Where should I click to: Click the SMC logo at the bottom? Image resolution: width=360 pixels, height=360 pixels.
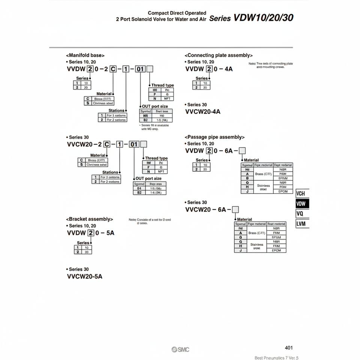pos(180,349)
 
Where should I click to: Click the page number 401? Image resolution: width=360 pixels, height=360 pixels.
pos(289,348)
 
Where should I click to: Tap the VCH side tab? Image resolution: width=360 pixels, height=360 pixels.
pos(301,194)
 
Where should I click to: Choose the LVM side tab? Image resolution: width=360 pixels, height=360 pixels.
pos(301,224)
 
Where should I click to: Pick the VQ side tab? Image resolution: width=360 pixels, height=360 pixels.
pos(300,214)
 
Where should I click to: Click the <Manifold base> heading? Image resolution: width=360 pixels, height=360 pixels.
pos(85,55)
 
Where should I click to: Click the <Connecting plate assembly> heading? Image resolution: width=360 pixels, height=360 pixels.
pos(219,55)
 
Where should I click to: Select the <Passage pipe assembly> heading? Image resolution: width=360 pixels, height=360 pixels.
pos(214,137)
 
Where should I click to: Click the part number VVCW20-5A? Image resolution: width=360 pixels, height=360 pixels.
pos(84,277)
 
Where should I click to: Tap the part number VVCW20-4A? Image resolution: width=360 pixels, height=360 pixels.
pos(203,111)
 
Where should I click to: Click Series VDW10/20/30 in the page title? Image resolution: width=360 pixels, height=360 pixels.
pos(251,18)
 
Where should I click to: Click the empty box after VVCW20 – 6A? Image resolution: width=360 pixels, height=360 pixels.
pos(236,209)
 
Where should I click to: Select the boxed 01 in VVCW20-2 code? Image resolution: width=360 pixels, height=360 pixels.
pos(134,144)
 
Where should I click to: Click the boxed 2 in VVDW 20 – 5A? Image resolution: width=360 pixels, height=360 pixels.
pos(90,233)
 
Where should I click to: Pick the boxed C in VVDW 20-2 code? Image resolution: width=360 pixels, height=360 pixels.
pos(112,69)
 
